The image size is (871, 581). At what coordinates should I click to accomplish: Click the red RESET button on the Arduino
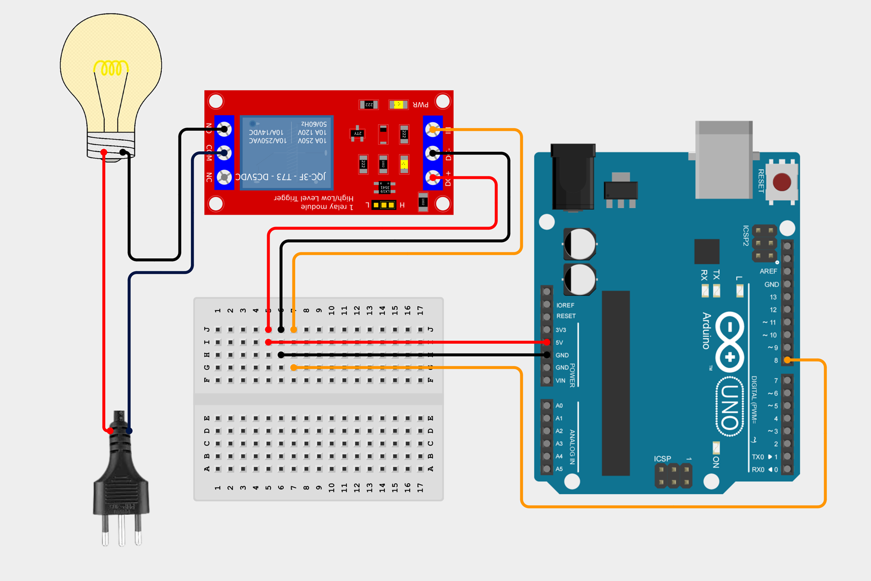tap(781, 182)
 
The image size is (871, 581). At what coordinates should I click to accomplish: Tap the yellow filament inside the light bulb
tap(111, 68)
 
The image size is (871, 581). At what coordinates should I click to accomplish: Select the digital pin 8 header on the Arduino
tap(787, 360)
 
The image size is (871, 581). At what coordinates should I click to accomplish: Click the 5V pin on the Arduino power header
tap(547, 342)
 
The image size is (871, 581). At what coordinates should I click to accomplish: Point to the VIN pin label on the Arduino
tap(560, 380)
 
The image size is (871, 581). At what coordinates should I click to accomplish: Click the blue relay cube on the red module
tap(286, 152)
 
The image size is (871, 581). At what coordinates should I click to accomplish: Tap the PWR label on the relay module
tap(420, 104)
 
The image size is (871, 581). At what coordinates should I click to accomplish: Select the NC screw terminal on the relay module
tap(224, 177)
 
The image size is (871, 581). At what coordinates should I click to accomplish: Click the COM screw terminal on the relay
tap(224, 153)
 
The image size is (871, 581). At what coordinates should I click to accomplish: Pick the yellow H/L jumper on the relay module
tap(384, 205)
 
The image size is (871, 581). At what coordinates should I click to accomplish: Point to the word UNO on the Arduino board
tap(730, 407)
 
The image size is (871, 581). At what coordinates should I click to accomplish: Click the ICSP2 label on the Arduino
tap(746, 236)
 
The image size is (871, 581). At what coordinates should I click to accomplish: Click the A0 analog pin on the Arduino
tap(547, 406)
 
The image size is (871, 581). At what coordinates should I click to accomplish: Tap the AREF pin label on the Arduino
tap(768, 271)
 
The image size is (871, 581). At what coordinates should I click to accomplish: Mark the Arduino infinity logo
tap(730, 342)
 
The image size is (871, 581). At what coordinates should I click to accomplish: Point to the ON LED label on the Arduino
tap(716, 462)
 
